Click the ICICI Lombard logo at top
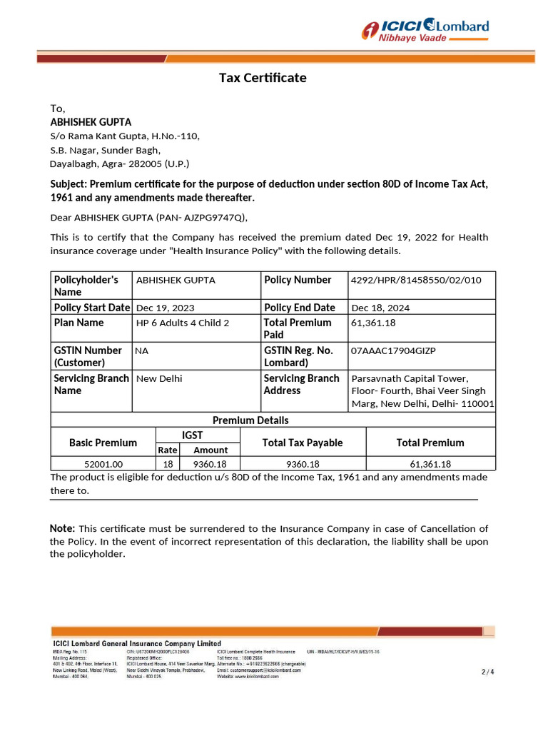tap(425, 30)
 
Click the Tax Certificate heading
tap(263, 78)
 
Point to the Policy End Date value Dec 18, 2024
tap(380, 308)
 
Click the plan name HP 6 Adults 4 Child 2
tap(183, 323)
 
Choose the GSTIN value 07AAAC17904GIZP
tap(393, 351)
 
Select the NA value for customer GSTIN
tap(141, 351)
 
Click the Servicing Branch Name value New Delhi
tap(159, 378)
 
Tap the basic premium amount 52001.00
tap(103, 464)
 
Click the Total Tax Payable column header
tap(303, 443)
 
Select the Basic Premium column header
tap(103, 443)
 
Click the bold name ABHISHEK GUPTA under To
tap(91, 122)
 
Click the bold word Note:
tap(62, 528)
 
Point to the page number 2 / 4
tap(487, 672)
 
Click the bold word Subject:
tap(68, 184)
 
